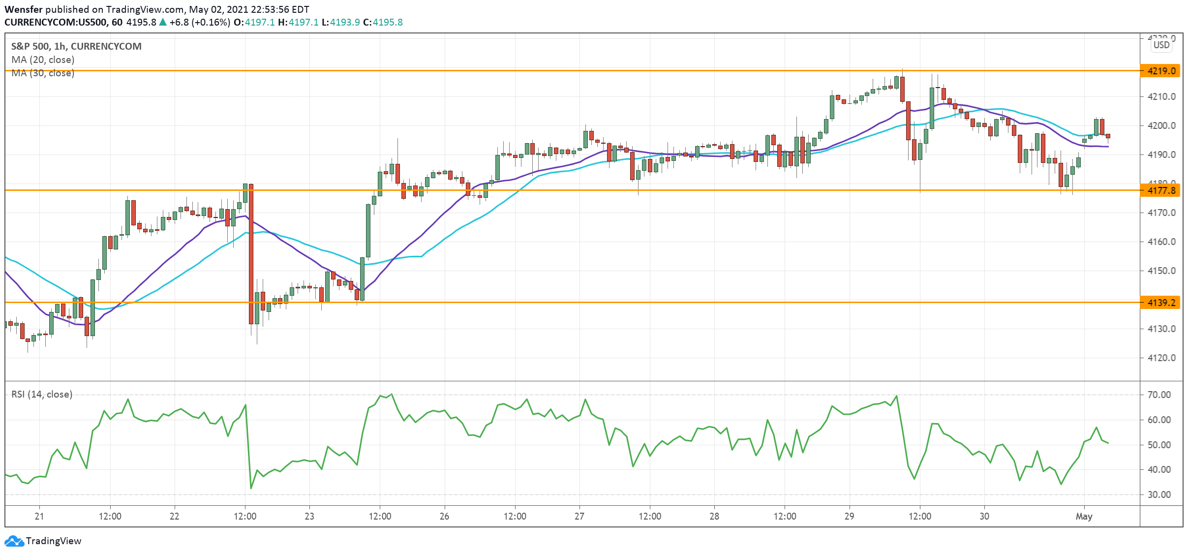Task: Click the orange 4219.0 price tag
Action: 1161,71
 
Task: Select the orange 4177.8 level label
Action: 1161,190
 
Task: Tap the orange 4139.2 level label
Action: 1161,303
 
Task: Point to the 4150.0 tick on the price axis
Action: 1161,271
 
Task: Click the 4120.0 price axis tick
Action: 1161,358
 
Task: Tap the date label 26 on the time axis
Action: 444,516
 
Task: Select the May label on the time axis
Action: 1084,516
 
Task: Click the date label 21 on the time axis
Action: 39,516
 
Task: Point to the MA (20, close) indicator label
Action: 43,60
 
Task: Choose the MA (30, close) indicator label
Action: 43,73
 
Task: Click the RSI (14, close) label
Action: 42,394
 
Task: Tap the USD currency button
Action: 1161,45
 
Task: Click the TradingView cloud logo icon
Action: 14,541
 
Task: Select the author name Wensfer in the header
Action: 24,9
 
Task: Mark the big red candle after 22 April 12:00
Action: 251,253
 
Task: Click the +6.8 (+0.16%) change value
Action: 199,22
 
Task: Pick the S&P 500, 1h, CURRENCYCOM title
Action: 76,46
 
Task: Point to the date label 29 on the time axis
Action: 849,516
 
